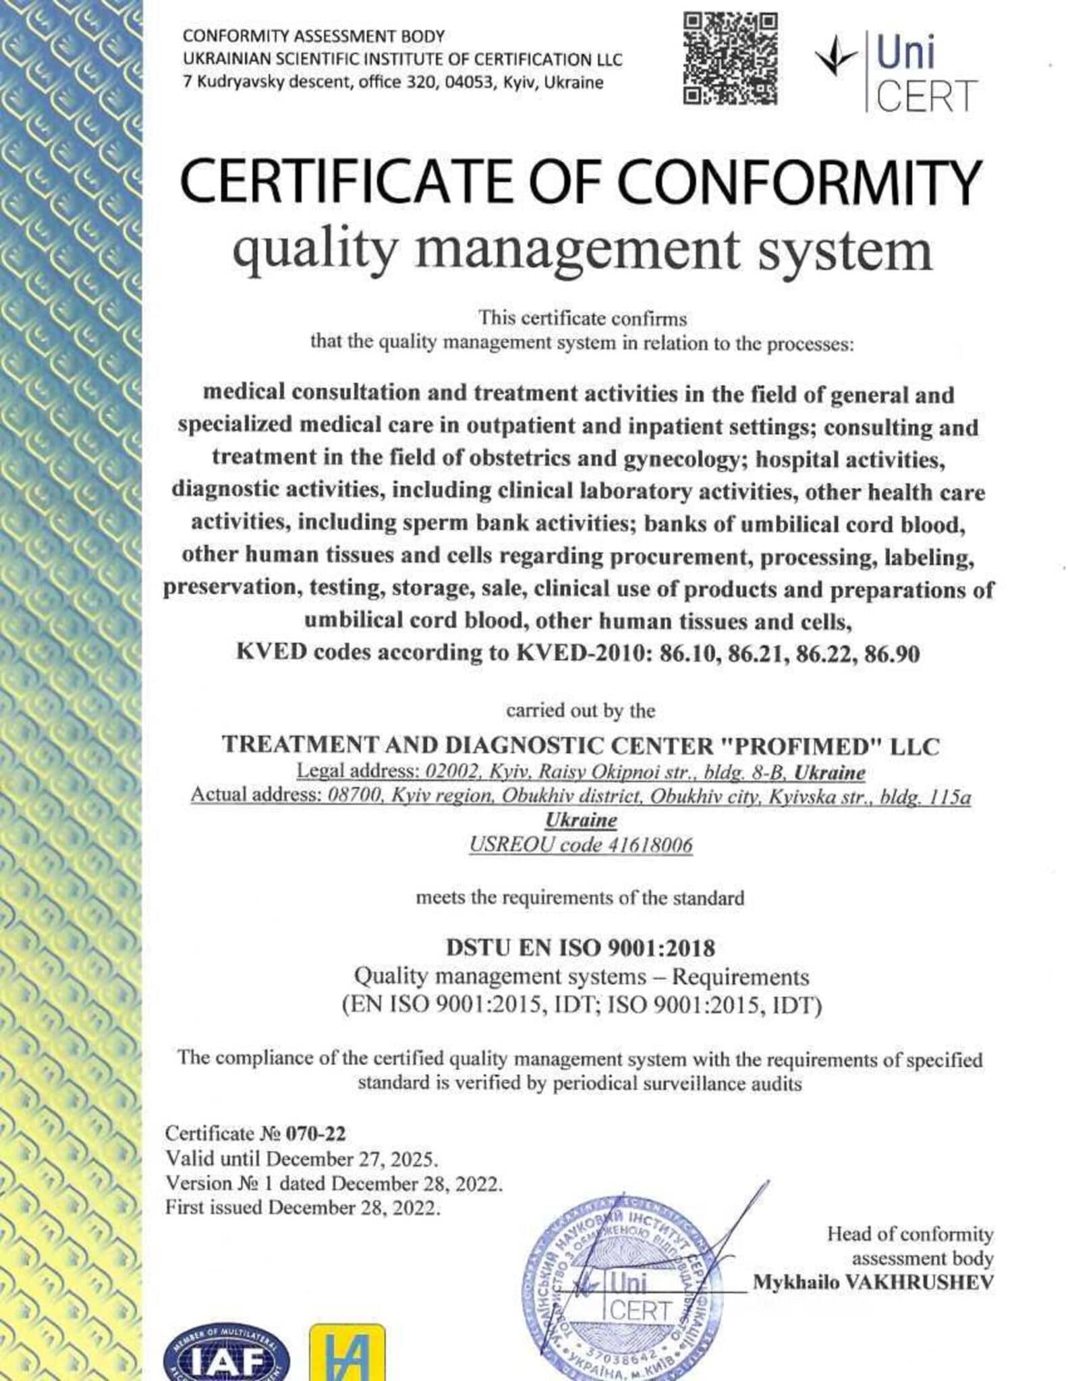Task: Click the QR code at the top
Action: click(x=731, y=59)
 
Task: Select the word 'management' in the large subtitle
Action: click(x=581, y=250)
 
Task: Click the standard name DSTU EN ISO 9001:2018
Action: click(x=580, y=947)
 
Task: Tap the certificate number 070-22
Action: click(x=316, y=1134)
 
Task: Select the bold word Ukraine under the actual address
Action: click(x=580, y=820)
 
